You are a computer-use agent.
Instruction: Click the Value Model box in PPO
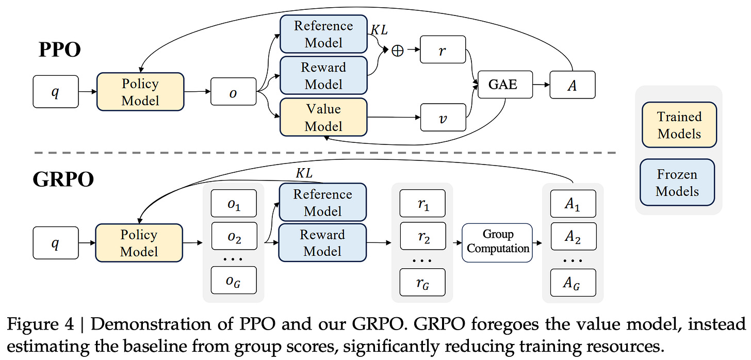pos(323,118)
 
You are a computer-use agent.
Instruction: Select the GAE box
pos(502,84)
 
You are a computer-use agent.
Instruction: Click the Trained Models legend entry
pos(679,125)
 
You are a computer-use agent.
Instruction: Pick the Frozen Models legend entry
pos(677,183)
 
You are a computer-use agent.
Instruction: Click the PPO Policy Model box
pos(140,92)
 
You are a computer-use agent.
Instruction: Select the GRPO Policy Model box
pos(139,243)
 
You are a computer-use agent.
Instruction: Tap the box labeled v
pos(443,118)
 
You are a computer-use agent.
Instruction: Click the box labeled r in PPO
pos(443,50)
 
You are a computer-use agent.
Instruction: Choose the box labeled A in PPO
pos(572,85)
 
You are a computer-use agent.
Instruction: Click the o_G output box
pos(234,280)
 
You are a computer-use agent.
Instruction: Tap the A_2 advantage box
pos(573,237)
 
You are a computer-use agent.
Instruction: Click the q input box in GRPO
pos(55,243)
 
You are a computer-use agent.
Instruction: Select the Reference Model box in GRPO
pos(323,203)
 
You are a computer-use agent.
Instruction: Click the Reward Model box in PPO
pos(323,75)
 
